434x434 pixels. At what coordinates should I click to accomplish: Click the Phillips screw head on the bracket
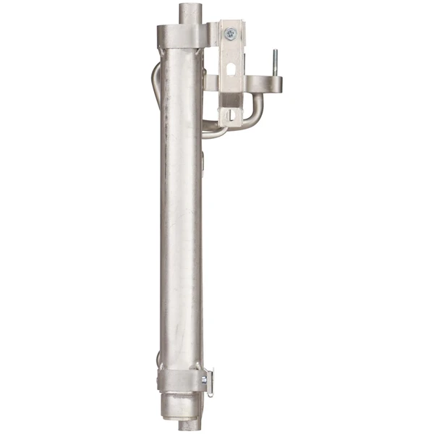coord(230,33)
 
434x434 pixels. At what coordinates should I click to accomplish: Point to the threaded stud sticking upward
coord(274,61)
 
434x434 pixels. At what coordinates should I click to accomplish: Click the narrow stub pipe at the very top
coord(190,12)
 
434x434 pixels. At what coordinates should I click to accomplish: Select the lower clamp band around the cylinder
coord(181,379)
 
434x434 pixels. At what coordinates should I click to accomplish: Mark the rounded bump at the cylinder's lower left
coord(158,359)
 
